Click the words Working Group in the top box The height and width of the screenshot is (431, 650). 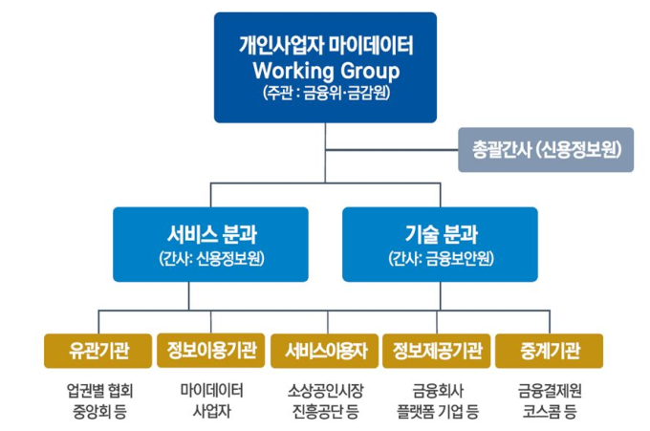[326, 71]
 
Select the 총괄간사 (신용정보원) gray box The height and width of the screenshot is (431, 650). [546, 150]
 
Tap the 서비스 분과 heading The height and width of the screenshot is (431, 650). [212, 234]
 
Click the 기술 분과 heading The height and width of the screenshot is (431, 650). [441, 234]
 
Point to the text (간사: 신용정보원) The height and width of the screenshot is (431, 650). [211, 259]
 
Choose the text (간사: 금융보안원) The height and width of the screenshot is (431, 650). [441, 259]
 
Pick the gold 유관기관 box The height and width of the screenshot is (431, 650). [97, 351]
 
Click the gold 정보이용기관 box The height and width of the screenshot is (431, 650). [210, 350]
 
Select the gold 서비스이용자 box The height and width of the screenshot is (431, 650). [325, 351]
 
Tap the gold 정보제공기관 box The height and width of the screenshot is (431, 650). [437, 351]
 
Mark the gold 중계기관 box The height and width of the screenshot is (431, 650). [550, 351]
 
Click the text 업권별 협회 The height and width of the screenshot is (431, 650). [99, 391]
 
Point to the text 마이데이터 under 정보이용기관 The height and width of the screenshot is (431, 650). [211, 391]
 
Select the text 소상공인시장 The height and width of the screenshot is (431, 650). [325, 391]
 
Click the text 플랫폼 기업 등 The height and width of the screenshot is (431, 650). [438, 412]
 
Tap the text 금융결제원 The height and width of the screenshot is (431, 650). [550, 391]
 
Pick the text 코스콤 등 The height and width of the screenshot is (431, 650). [550, 412]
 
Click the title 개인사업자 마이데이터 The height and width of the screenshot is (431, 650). [326, 45]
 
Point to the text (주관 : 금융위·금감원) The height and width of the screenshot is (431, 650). [326, 92]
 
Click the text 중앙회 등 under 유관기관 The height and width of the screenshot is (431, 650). [99, 412]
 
